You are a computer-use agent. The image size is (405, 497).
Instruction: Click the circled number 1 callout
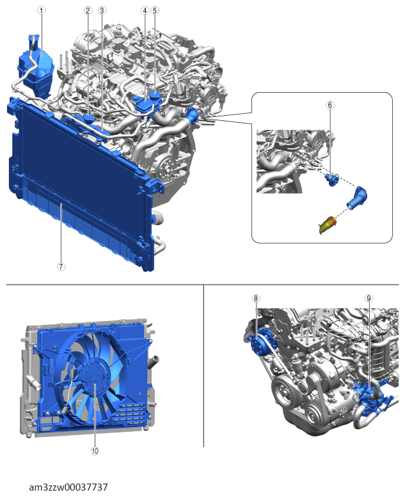[x=42, y=10]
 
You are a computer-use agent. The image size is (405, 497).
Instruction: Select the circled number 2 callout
[x=88, y=10]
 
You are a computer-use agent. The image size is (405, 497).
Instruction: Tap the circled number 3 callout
[x=102, y=10]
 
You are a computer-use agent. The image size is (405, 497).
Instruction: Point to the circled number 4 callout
[x=145, y=10]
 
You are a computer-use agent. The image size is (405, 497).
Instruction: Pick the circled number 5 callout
[x=155, y=10]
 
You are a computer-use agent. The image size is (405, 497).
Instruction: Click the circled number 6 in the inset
[x=330, y=105]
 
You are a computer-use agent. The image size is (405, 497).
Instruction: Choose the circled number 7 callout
[x=61, y=267]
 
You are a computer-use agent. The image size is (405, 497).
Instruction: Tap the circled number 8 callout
[x=256, y=298]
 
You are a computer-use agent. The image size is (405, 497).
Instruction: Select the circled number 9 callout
[x=369, y=298]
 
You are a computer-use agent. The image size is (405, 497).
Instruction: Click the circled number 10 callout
[x=95, y=451]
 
